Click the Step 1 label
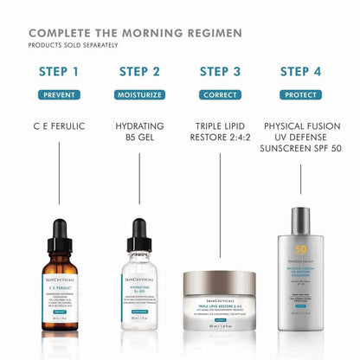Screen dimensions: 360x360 (58, 71)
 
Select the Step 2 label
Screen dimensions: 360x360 (139, 71)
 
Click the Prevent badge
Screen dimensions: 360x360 (58, 93)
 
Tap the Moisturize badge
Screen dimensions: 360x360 (139, 93)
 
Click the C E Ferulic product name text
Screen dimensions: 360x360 (58, 126)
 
